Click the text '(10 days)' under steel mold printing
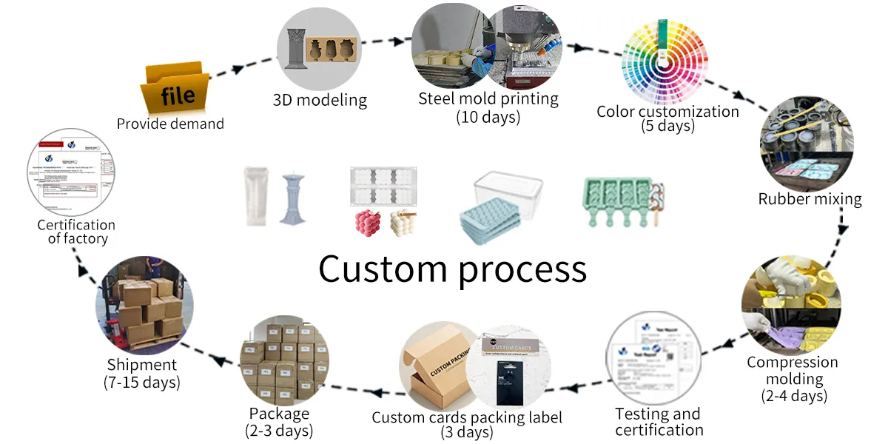488,117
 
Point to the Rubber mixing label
810,198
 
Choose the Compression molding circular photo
791,303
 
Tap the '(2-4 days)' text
794,396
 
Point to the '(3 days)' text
467,431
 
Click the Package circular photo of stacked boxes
279,363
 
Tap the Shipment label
142,365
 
